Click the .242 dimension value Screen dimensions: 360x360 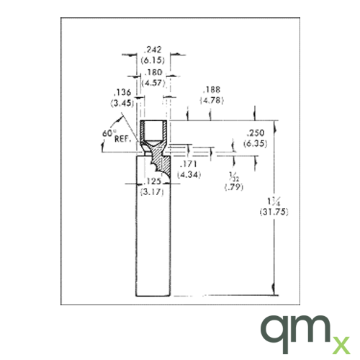[x=152, y=50]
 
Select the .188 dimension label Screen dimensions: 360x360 [x=212, y=90]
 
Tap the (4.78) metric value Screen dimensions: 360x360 [x=212, y=100]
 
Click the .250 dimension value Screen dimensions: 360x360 [x=255, y=133]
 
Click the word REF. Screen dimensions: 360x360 [x=122, y=140]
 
